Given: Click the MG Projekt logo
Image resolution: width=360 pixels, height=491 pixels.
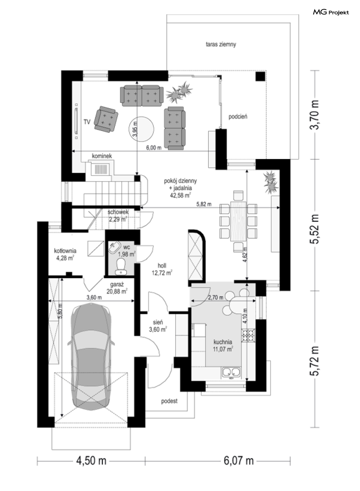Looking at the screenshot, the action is pyautogui.click(x=331, y=12).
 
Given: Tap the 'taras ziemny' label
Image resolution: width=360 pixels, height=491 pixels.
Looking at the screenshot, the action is pyautogui.click(x=221, y=45).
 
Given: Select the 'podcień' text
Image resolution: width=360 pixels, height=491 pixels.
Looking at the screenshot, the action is pyautogui.click(x=238, y=117).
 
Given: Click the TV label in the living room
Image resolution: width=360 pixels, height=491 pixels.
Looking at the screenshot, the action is pyautogui.click(x=87, y=122).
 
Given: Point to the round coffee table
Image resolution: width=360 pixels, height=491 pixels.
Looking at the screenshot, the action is pyautogui.click(x=141, y=129).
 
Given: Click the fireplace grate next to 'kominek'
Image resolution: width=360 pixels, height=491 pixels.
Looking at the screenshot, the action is pyautogui.click(x=101, y=169).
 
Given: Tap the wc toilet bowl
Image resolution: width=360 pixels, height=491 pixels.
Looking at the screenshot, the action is pyautogui.click(x=121, y=266).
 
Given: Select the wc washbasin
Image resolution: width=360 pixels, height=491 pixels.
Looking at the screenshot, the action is pyautogui.click(x=115, y=248).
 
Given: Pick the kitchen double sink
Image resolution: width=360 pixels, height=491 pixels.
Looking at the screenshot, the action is pyautogui.click(x=231, y=372).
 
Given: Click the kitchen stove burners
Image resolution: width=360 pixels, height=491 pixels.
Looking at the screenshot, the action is pyautogui.click(x=248, y=335).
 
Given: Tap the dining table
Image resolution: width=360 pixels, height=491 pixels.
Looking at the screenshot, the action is pyautogui.click(x=238, y=221).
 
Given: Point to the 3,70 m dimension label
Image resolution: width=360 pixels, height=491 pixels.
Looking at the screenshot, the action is pyautogui.click(x=314, y=115).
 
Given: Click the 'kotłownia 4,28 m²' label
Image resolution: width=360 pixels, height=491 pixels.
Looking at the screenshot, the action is pyautogui.click(x=65, y=254).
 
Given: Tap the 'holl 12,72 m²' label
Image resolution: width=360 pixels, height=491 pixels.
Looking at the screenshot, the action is pyautogui.click(x=162, y=269).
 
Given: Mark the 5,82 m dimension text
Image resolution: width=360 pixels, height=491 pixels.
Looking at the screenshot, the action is pyautogui.click(x=204, y=204).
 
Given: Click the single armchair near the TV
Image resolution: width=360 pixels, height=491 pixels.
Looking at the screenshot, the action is pyautogui.click(x=106, y=119).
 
